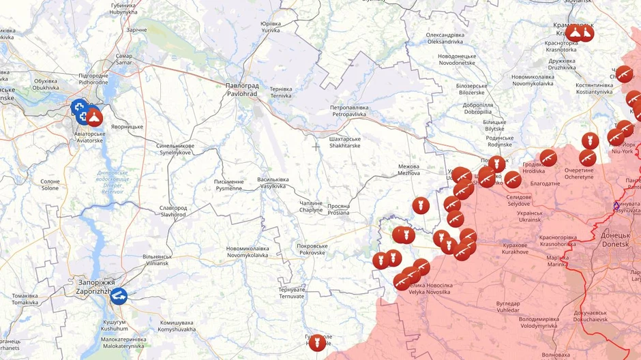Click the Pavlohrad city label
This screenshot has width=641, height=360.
pos(242,90)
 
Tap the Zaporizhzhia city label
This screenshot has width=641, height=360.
pos(96,286)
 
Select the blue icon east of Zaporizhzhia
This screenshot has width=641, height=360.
pos(118,296)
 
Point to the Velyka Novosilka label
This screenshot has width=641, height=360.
pos(429,288)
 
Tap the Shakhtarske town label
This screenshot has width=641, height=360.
pos(345,142)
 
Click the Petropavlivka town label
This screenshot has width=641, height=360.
pos(349,111)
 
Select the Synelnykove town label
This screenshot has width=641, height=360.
pos(175,149)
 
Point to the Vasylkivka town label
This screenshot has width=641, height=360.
pos(272,183)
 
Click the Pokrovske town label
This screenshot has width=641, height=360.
pos(312,249)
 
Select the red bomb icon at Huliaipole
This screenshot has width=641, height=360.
pos(317,342)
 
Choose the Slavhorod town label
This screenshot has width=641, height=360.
pos(173,211)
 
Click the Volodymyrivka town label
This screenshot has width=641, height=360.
pos(539,322)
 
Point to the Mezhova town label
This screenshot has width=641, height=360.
pos(409,170)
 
